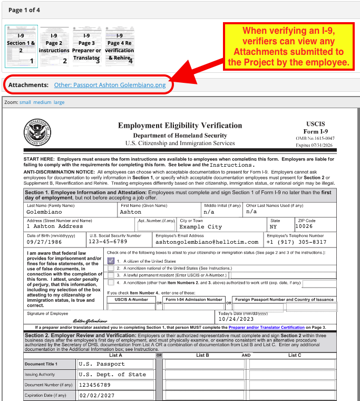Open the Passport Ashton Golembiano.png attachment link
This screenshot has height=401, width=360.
(113, 85)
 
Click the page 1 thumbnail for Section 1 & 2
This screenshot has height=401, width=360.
(21, 46)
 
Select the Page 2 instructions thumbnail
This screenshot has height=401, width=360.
(54, 46)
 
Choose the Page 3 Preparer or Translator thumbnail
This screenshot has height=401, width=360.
(86, 46)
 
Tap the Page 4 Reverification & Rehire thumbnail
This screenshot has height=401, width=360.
(120, 46)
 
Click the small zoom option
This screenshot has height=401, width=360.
(25, 102)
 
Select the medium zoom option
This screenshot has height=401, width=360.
(42, 102)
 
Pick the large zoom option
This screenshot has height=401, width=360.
(59, 102)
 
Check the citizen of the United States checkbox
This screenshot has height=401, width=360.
(111, 261)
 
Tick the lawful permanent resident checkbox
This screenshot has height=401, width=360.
(111, 275)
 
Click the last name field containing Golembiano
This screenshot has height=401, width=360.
(47, 212)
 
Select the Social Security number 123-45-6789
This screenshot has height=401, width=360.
(108, 242)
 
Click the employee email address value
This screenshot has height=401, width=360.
(207, 242)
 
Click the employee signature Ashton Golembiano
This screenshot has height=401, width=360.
(90, 320)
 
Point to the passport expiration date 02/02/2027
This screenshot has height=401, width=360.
(98, 395)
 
